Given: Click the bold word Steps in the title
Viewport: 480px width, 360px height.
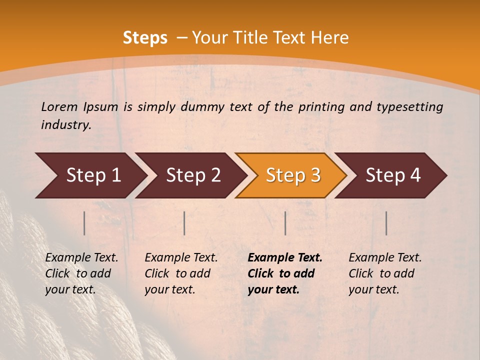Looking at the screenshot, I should pos(145,38).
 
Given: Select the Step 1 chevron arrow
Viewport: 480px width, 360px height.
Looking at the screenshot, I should pos(90,175).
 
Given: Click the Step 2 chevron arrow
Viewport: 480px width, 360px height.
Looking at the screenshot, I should pos(191,175).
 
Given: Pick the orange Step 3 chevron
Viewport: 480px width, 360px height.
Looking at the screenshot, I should pos(291,175).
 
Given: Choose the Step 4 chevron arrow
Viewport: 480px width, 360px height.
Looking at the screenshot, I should pos(391,175).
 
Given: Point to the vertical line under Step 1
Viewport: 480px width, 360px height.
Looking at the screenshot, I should pos(84,223).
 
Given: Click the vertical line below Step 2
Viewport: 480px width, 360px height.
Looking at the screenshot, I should pos(184,223).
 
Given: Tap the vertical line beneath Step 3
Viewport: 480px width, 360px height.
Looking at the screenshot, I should pos(285,223).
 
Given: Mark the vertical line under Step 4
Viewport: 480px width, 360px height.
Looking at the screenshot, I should pos(386,223).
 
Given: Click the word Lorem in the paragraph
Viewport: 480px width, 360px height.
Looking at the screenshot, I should pos(59,106).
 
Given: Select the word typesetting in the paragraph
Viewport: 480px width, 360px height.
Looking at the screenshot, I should pos(412,106).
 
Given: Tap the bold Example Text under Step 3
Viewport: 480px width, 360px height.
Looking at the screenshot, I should pos(285,257).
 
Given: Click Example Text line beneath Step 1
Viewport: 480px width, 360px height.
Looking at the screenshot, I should pos(81,257).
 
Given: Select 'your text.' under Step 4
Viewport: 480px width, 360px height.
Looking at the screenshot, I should pos(374,289).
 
